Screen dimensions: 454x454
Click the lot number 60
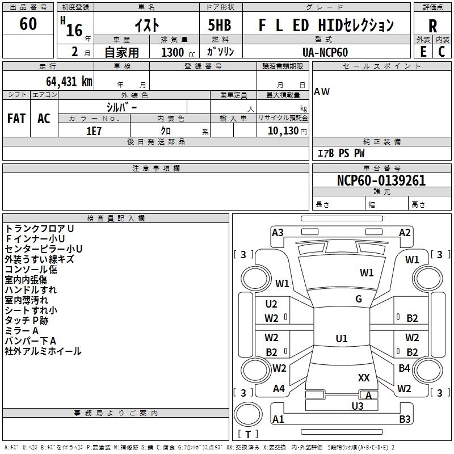[x=28, y=24]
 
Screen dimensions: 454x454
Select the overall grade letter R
[x=432, y=27]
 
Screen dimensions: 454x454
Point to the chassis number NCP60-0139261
[x=381, y=181]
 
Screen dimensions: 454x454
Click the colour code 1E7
[x=94, y=131]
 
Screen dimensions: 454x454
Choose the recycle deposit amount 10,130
[x=282, y=131]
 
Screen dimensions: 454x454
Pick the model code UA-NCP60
[x=326, y=51]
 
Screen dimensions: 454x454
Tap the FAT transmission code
[x=16, y=119]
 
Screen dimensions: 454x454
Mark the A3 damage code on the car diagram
[x=278, y=232]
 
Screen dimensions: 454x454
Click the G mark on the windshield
[x=359, y=299]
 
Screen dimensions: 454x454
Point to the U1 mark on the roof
[x=341, y=339]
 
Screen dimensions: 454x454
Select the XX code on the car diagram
[x=364, y=377]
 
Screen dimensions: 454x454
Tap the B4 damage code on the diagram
[x=404, y=368]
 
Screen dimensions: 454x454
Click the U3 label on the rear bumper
[x=357, y=406]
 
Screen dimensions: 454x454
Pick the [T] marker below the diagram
[x=247, y=435]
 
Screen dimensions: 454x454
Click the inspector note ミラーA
[x=22, y=331]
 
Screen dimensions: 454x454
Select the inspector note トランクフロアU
[x=39, y=229]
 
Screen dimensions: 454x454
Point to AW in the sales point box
[x=322, y=91]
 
